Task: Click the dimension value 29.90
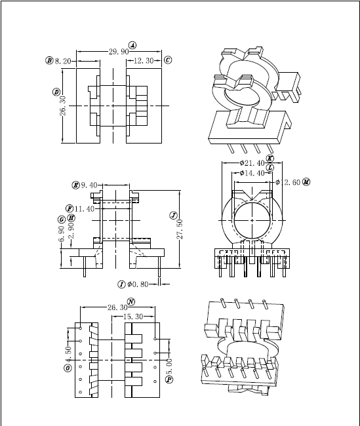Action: (x=119, y=52)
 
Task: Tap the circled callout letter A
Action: (x=132, y=45)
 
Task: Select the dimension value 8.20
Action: (x=62, y=60)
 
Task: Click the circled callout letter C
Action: (x=168, y=60)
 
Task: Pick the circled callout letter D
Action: (x=56, y=92)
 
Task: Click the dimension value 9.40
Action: (x=89, y=185)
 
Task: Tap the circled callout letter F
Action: (x=69, y=208)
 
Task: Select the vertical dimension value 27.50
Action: (x=180, y=229)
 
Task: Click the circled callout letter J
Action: (x=173, y=215)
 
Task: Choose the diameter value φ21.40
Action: (x=252, y=163)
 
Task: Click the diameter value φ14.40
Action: (x=251, y=173)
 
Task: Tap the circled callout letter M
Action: (x=307, y=182)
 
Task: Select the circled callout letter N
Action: (x=131, y=301)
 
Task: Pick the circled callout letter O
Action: (x=67, y=368)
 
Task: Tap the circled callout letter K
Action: (x=270, y=158)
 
